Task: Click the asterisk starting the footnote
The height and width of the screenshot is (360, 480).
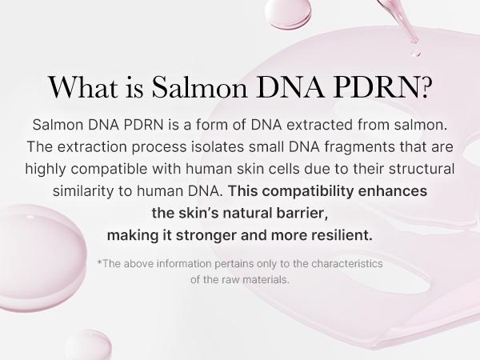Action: tap(98, 262)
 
